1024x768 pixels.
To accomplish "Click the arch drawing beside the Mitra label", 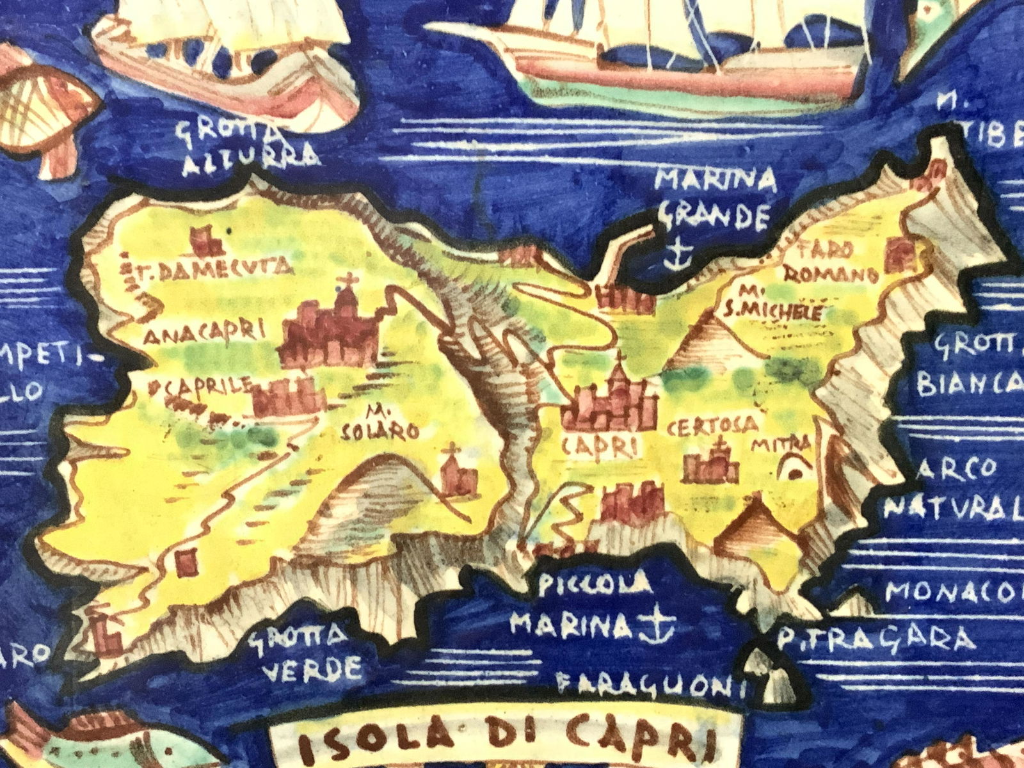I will pyautogui.click(x=794, y=470).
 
